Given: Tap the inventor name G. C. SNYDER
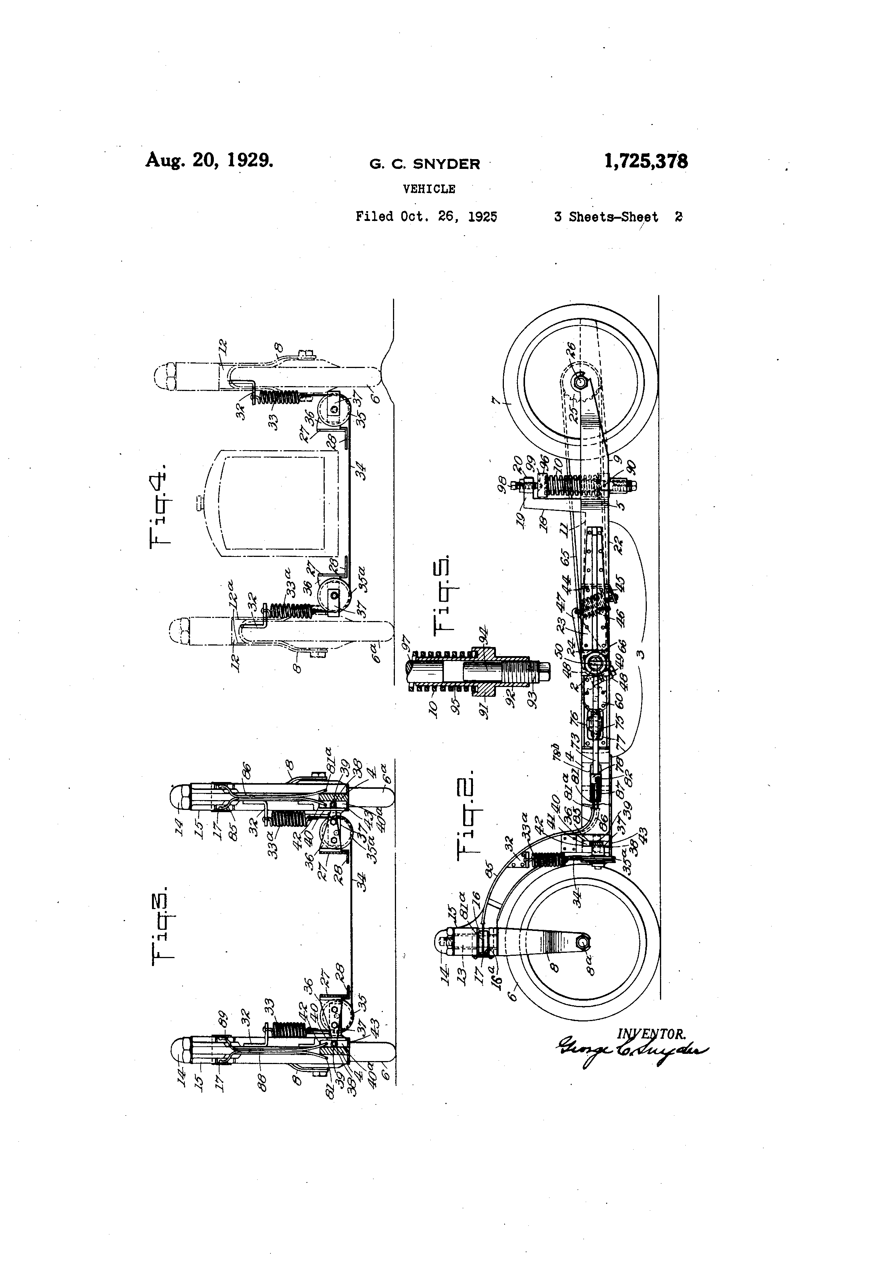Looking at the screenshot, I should point(425,164).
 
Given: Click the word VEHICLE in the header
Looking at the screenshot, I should point(429,189).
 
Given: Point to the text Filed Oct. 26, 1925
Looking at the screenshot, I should point(427,217).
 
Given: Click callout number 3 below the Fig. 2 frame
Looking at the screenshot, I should point(640,654).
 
